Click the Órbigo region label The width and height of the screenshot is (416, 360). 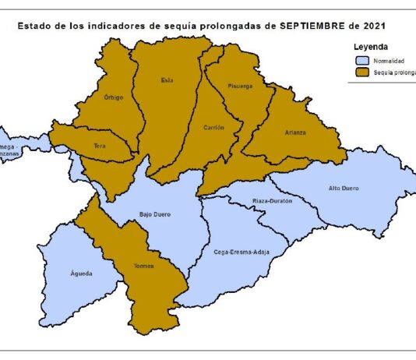[114, 97]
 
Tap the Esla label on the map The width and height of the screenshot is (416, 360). [167, 79]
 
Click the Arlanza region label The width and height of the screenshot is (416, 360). [295, 132]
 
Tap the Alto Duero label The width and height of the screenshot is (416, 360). [343, 188]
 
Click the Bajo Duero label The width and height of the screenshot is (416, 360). [154, 214]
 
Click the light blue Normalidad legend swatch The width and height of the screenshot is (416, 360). [361, 60]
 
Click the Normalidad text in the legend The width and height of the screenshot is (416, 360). [388, 60]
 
